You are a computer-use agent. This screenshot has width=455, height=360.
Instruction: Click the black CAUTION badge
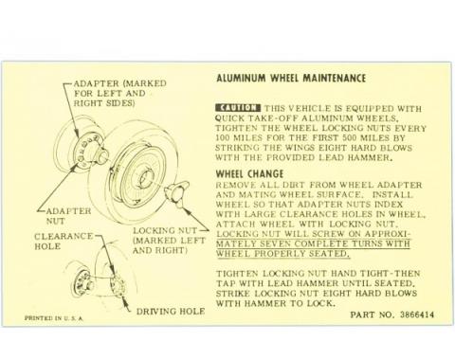[x=238, y=109]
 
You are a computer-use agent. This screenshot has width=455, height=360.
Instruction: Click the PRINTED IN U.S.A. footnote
[x=54, y=318]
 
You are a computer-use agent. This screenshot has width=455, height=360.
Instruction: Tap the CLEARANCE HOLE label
[x=63, y=242]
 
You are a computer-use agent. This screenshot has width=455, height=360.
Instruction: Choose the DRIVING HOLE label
[x=170, y=311]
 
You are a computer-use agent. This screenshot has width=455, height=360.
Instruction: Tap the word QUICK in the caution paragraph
[x=233, y=119]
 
